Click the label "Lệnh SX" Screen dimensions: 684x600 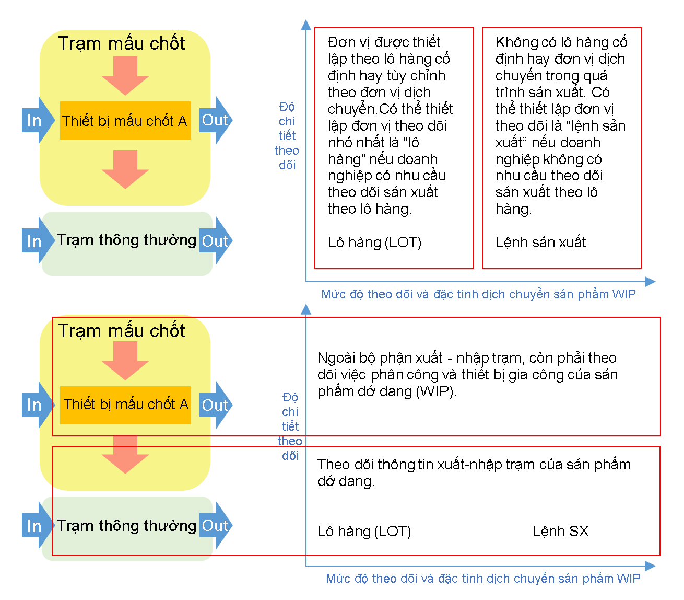tap(560, 531)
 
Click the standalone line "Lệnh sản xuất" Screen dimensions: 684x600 tap(540, 242)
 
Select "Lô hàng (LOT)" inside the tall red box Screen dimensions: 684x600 tap(374, 243)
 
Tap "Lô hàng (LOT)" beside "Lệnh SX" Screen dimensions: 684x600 tap(364, 532)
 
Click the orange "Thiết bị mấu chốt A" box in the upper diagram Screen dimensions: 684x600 tap(125, 120)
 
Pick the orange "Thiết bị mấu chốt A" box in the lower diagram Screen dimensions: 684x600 tap(125, 405)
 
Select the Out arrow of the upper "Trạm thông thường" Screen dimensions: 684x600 tap(216, 240)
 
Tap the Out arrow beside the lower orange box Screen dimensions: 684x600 tap(216, 405)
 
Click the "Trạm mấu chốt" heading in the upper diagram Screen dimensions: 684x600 tap(122, 43)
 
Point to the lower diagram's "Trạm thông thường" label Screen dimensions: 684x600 tap(126, 526)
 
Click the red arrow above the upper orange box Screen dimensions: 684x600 tap(125, 76)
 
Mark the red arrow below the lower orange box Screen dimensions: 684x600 tap(125, 454)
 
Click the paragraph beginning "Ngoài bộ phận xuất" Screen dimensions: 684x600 tap(467, 375)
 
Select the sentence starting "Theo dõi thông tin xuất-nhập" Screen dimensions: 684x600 tap(474, 472)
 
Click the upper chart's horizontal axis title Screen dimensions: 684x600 tap(478, 294)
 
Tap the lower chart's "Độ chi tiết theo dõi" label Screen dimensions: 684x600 tap(290, 426)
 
